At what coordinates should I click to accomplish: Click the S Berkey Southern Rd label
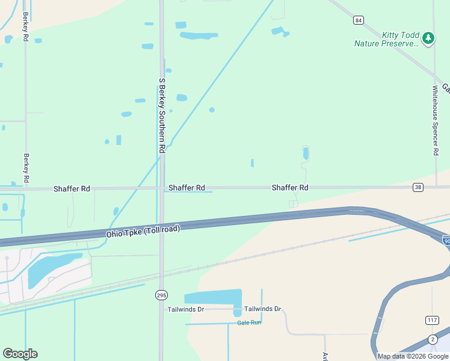click(162, 114)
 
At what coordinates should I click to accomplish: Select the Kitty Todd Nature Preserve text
click(386, 39)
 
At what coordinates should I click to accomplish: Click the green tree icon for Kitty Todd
click(428, 39)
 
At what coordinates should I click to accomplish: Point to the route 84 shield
click(359, 20)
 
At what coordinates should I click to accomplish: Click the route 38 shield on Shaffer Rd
click(418, 188)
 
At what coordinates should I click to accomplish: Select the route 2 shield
click(433, 339)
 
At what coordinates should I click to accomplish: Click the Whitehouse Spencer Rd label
click(436, 120)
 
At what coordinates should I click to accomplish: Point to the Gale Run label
click(249, 322)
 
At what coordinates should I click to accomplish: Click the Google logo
click(20, 354)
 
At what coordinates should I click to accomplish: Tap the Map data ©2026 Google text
click(413, 356)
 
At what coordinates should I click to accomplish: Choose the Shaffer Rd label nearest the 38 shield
click(290, 188)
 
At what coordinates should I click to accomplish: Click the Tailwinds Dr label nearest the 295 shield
click(186, 309)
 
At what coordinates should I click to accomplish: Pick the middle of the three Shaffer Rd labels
click(186, 188)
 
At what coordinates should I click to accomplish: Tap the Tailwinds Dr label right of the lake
click(263, 309)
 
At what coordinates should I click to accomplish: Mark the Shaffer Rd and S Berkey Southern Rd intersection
click(162, 188)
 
